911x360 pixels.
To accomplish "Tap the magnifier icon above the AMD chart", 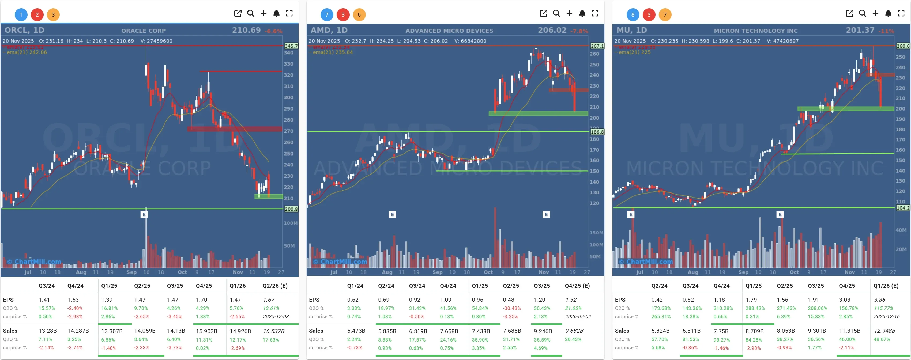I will pyautogui.click(x=556, y=13).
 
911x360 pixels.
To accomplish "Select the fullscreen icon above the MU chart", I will pyautogui.click(x=901, y=13).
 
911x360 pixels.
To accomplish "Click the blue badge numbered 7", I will pyautogui.click(x=327, y=14).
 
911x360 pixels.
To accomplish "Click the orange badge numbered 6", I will pyautogui.click(x=359, y=14).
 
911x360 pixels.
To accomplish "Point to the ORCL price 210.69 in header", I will pyautogui.click(x=246, y=30).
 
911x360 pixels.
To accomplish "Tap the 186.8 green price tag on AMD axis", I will pyautogui.click(x=597, y=132).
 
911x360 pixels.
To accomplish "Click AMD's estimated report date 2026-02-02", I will pyautogui.click(x=578, y=316).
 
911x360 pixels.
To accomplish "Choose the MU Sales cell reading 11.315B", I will pyautogui.click(x=847, y=331).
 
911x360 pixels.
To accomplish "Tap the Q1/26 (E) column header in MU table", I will pyautogui.click(x=886, y=286).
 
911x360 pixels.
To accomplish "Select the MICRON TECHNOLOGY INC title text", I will pyautogui.click(x=755, y=31).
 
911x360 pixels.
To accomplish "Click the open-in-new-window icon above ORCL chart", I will pyautogui.click(x=238, y=13).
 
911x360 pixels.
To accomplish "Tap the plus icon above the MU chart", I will pyautogui.click(x=875, y=13).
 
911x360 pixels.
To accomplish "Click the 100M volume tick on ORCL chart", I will pyautogui.click(x=290, y=223).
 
